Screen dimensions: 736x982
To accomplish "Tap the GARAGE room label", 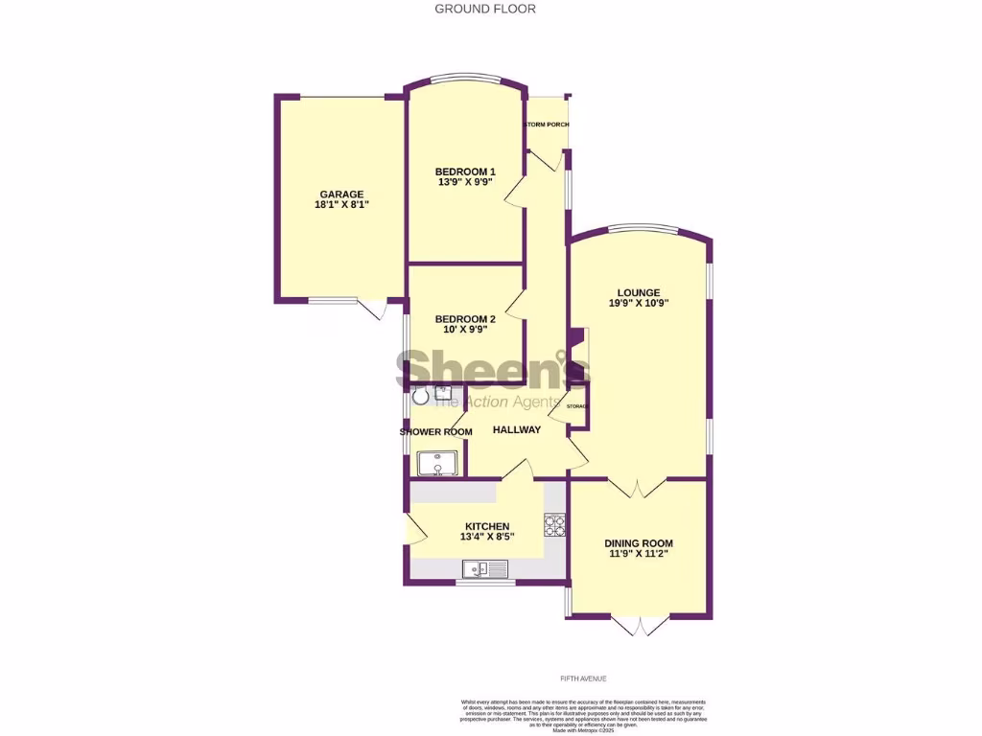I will pyautogui.click(x=341, y=194).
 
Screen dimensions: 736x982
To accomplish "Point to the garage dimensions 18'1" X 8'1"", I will pyautogui.click(x=341, y=205).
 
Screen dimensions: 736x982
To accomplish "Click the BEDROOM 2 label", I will pyautogui.click(x=465, y=319).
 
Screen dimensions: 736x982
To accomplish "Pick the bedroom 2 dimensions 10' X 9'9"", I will pyautogui.click(x=465, y=330).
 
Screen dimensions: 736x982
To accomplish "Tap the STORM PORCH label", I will pyautogui.click(x=546, y=125).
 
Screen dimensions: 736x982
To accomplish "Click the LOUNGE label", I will pyautogui.click(x=639, y=292).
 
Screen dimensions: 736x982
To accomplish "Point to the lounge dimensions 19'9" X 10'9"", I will pyautogui.click(x=639, y=303).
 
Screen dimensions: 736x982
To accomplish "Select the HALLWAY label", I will pyautogui.click(x=517, y=430).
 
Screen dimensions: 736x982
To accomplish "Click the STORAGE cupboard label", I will pyautogui.click(x=576, y=407).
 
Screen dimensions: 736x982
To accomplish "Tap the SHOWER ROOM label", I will pyautogui.click(x=436, y=432).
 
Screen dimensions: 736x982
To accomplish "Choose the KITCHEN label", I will pyautogui.click(x=487, y=526).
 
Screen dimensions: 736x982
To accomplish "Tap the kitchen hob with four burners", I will pyautogui.click(x=556, y=524).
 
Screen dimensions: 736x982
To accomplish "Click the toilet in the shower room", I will pyautogui.click(x=420, y=396).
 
